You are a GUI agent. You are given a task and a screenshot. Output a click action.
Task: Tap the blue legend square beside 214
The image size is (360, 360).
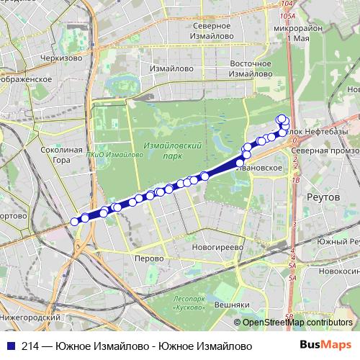click(x=9, y=346)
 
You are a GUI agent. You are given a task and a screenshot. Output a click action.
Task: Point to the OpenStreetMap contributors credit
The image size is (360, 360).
click(x=297, y=323)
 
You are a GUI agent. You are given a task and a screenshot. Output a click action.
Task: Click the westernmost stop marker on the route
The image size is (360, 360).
click(x=74, y=221)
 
